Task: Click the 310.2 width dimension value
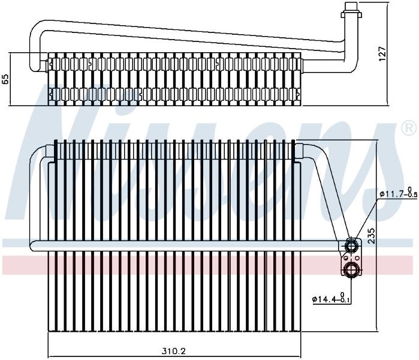pos(174,350)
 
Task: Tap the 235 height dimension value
pos(372,236)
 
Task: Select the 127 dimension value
pos(383,54)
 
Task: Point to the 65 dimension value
pos(5,79)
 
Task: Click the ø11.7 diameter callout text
pos(398,193)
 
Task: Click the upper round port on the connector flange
pos(351,245)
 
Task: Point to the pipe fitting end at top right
pos(352,11)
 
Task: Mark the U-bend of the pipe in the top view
pos(36,46)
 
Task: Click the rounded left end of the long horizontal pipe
pos(33,246)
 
